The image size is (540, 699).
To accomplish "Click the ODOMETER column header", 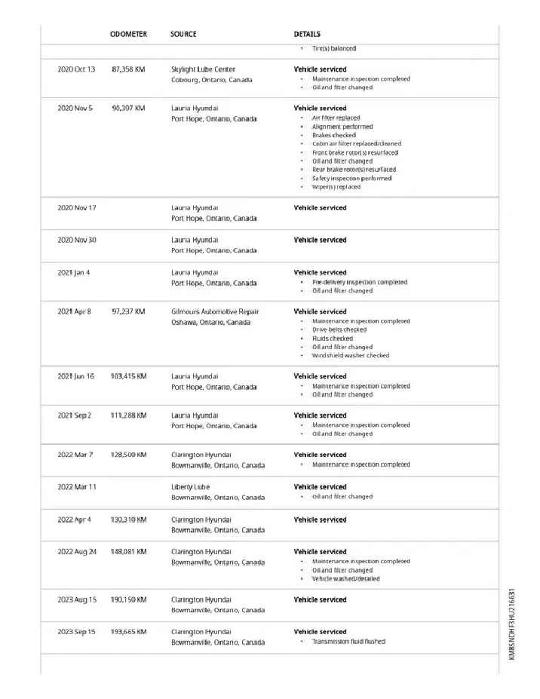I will click(128, 34).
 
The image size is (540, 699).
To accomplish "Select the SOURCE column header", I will click(183, 34).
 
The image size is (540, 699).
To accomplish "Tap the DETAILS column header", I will click(307, 34).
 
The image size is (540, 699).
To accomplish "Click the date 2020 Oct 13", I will click(77, 69).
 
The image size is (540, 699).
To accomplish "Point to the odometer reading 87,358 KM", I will click(128, 69).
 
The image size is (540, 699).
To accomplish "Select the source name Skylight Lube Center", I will click(203, 69).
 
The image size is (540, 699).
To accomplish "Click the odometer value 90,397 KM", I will click(128, 109).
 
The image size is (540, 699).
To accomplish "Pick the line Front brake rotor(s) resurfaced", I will click(355, 152).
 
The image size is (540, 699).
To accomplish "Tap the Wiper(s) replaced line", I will click(336, 187).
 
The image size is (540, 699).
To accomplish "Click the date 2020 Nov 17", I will click(77, 208).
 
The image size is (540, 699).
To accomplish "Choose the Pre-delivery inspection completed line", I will click(360, 282).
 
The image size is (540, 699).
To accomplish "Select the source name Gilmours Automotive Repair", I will click(215, 311).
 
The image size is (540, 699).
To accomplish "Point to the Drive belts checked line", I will click(339, 330).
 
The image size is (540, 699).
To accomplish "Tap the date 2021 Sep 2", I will click(75, 415).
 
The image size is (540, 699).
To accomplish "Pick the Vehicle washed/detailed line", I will click(346, 579).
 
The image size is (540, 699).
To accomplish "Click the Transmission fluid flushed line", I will click(348, 642).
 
